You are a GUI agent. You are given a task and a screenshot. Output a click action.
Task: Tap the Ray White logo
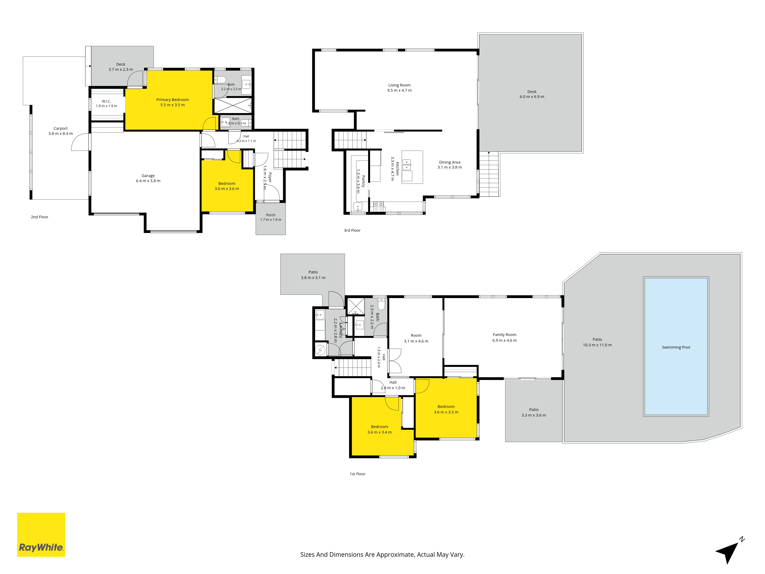(x=41, y=535)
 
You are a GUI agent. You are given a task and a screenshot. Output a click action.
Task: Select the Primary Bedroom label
(x=173, y=100)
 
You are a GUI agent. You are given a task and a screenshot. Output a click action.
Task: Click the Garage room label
(x=148, y=176)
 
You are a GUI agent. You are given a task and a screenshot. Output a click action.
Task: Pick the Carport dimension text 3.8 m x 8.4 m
(x=60, y=134)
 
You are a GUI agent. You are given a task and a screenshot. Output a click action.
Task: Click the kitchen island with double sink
(x=412, y=167)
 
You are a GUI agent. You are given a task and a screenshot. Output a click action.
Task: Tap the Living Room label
(x=400, y=85)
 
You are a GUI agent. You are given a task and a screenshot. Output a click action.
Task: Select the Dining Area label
(x=450, y=162)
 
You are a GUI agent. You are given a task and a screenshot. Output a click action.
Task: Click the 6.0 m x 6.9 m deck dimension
(x=532, y=97)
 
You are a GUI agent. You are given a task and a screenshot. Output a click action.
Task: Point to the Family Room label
(x=505, y=335)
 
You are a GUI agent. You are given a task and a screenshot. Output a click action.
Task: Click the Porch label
(x=271, y=215)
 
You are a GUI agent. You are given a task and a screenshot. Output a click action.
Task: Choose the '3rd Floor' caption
(x=352, y=230)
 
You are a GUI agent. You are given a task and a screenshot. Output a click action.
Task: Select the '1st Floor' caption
(x=358, y=474)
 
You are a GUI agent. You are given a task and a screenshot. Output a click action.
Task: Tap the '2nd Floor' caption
(x=39, y=217)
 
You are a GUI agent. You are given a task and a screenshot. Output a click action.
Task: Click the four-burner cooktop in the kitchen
(x=379, y=207)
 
